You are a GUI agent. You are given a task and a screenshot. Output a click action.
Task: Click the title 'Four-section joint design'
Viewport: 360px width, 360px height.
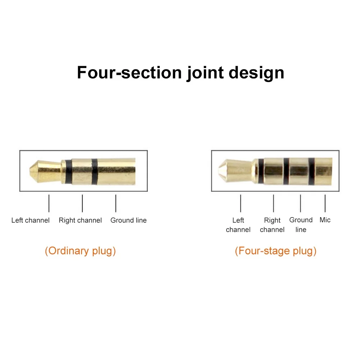(181, 72)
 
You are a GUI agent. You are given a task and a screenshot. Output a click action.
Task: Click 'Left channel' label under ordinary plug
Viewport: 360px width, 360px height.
(30, 220)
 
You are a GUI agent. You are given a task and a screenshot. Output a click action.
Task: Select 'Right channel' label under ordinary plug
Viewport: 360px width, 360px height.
(80, 220)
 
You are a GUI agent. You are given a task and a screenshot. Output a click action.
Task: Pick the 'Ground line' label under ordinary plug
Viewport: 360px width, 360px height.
(128, 220)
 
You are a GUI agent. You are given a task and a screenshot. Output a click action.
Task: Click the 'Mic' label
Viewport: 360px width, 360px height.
(325, 220)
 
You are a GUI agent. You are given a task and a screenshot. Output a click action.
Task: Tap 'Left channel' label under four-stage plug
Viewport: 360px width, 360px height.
(238, 225)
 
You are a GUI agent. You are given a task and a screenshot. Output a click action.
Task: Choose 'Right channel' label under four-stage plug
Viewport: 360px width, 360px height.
(272, 225)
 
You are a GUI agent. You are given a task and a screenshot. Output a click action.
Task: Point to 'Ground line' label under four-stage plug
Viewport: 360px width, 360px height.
(301, 225)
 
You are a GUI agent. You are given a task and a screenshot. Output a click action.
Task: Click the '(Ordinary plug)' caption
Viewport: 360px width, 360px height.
(80, 251)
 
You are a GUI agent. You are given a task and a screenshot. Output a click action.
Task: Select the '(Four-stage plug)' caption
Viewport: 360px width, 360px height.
(275, 251)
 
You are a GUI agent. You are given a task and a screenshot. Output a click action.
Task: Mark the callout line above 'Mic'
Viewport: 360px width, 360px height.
(325, 203)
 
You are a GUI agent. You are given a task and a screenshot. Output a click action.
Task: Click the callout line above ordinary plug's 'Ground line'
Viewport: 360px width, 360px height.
(116, 203)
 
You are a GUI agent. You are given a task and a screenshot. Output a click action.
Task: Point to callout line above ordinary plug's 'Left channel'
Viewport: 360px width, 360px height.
(49, 203)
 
